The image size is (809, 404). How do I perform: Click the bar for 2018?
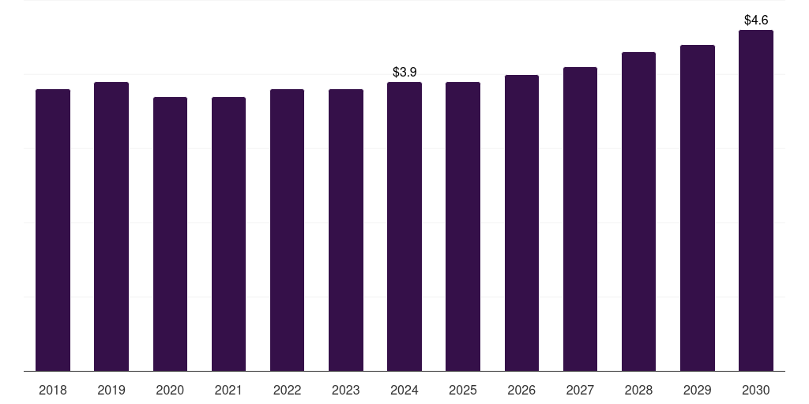[53, 230]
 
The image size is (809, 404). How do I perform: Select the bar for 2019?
[111, 226]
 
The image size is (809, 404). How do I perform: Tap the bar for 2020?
[170, 234]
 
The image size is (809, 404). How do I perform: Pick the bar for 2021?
[228, 234]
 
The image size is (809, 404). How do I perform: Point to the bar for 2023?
[346, 230]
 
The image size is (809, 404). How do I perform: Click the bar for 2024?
[404, 226]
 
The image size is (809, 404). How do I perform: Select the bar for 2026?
[521, 223]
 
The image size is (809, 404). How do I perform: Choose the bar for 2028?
[638, 211]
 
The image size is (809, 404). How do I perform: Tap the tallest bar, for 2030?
[756, 200]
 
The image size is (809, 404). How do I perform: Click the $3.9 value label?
[404, 72]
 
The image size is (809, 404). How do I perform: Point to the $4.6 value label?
[756, 20]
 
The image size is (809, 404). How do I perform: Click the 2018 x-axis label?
[53, 390]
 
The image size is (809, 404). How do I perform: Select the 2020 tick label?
[170, 390]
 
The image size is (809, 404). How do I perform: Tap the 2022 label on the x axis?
[287, 390]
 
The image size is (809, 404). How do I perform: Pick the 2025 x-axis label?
[463, 390]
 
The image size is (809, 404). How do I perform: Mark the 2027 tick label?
[580, 390]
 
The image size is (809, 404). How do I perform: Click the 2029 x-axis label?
[697, 390]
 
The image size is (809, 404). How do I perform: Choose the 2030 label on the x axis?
[756, 390]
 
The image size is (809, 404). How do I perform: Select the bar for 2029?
[697, 208]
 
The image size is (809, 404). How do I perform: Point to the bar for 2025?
[463, 226]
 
